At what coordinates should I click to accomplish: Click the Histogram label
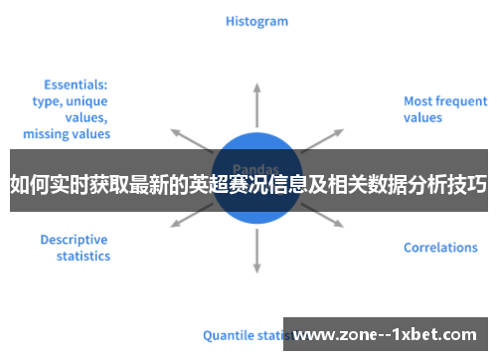tap(256, 21)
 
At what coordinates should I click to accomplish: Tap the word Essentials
tap(77, 86)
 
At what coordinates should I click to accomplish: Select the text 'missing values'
tap(67, 133)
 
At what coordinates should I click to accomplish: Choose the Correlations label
tap(440, 248)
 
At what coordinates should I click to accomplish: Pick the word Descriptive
tap(75, 240)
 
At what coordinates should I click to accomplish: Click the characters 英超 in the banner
tap(215, 182)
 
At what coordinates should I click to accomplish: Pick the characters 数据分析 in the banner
tap(396, 182)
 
